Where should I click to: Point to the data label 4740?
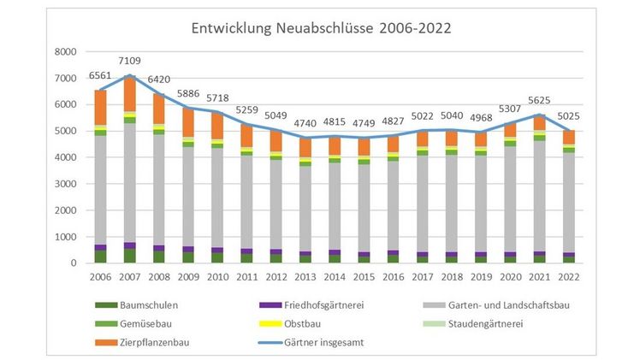(x=305, y=122)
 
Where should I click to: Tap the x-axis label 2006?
(x=100, y=277)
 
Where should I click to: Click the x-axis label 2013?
(x=305, y=277)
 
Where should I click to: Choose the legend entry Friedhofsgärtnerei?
(x=309, y=304)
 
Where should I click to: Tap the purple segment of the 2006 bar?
(x=100, y=247)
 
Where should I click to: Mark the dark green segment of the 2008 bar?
(x=158, y=257)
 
